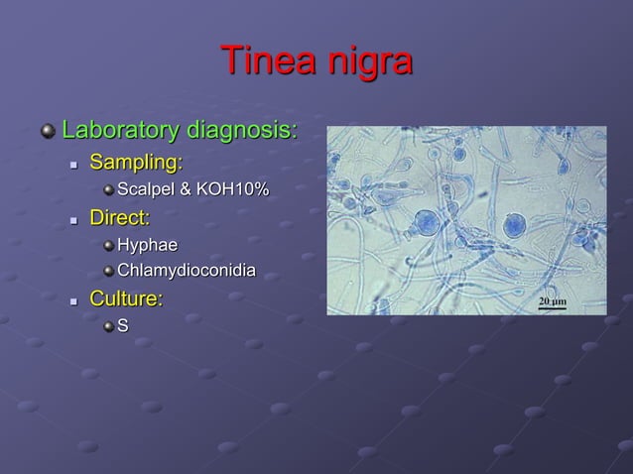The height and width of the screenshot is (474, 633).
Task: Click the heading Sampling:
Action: [137, 161]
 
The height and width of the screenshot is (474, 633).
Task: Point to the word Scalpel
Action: [147, 188]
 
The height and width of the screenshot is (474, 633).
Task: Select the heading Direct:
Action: [120, 216]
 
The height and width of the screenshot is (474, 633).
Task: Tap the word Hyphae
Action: [149, 244]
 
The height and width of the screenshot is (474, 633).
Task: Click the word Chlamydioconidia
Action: [186, 271]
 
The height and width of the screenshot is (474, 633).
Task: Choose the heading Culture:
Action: [127, 298]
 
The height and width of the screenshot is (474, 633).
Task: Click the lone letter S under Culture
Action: [123, 325]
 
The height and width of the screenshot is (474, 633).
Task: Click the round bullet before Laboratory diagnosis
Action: [47, 131]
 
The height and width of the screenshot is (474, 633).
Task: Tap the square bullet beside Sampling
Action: [73, 163]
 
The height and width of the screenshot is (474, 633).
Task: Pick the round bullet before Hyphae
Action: [107, 244]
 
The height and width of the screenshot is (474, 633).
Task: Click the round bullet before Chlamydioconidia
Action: [107, 271]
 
